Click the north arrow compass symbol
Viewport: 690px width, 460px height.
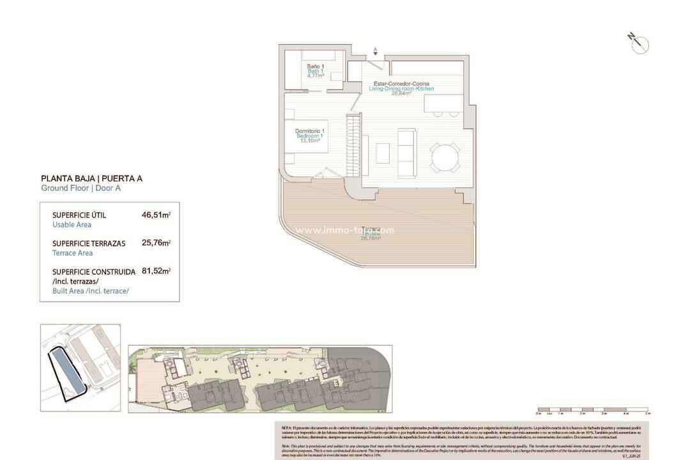(x=639, y=43)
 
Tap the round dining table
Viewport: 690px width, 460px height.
(x=443, y=157)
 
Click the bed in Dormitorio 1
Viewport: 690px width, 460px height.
(x=307, y=136)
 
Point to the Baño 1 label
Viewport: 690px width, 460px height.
(x=315, y=66)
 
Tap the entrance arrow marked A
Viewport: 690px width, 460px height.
(x=375, y=50)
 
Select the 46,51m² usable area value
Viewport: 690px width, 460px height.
(x=156, y=215)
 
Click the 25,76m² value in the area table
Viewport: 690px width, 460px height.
(x=156, y=243)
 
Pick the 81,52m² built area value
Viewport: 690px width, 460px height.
(x=156, y=272)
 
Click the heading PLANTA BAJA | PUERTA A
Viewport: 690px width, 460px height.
(x=91, y=178)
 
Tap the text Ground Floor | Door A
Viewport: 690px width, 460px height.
(x=80, y=188)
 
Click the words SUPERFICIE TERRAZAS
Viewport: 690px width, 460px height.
(x=89, y=243)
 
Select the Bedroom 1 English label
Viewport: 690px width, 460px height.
(x=310, y=136)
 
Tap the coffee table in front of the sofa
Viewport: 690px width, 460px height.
(x=382, y=153)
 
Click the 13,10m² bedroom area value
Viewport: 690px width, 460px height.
(x=310, y=141)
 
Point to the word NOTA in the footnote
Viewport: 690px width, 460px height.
(x=287, y=426)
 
